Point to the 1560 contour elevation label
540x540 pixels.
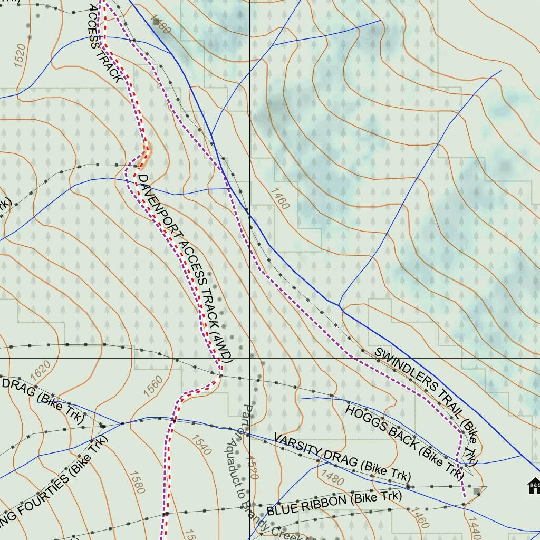153,386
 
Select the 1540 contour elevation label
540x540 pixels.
201,445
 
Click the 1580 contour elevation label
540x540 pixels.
136,482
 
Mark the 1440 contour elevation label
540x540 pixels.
475,527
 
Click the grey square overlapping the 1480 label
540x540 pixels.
156,22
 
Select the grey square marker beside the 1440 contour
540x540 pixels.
477,491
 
